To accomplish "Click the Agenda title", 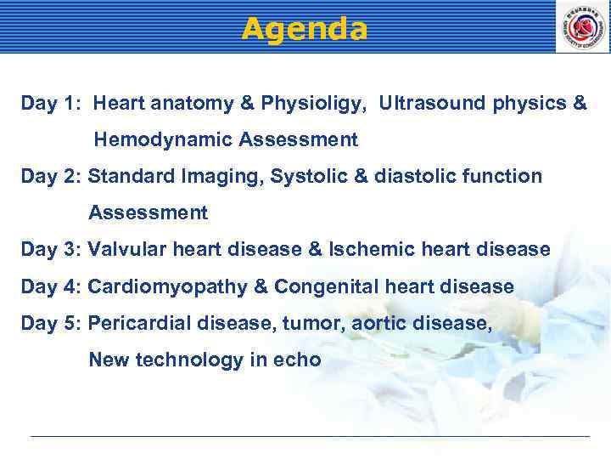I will (305, 29).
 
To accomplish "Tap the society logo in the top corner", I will (582, 27).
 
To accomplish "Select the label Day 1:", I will (50, 104).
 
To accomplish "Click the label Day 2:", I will (51, 177).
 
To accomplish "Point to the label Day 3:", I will (51, 250).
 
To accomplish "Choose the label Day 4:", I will (51, 287).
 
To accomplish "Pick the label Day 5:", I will (51, 324).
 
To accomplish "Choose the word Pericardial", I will (139, 324).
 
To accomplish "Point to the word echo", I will (298, 360).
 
